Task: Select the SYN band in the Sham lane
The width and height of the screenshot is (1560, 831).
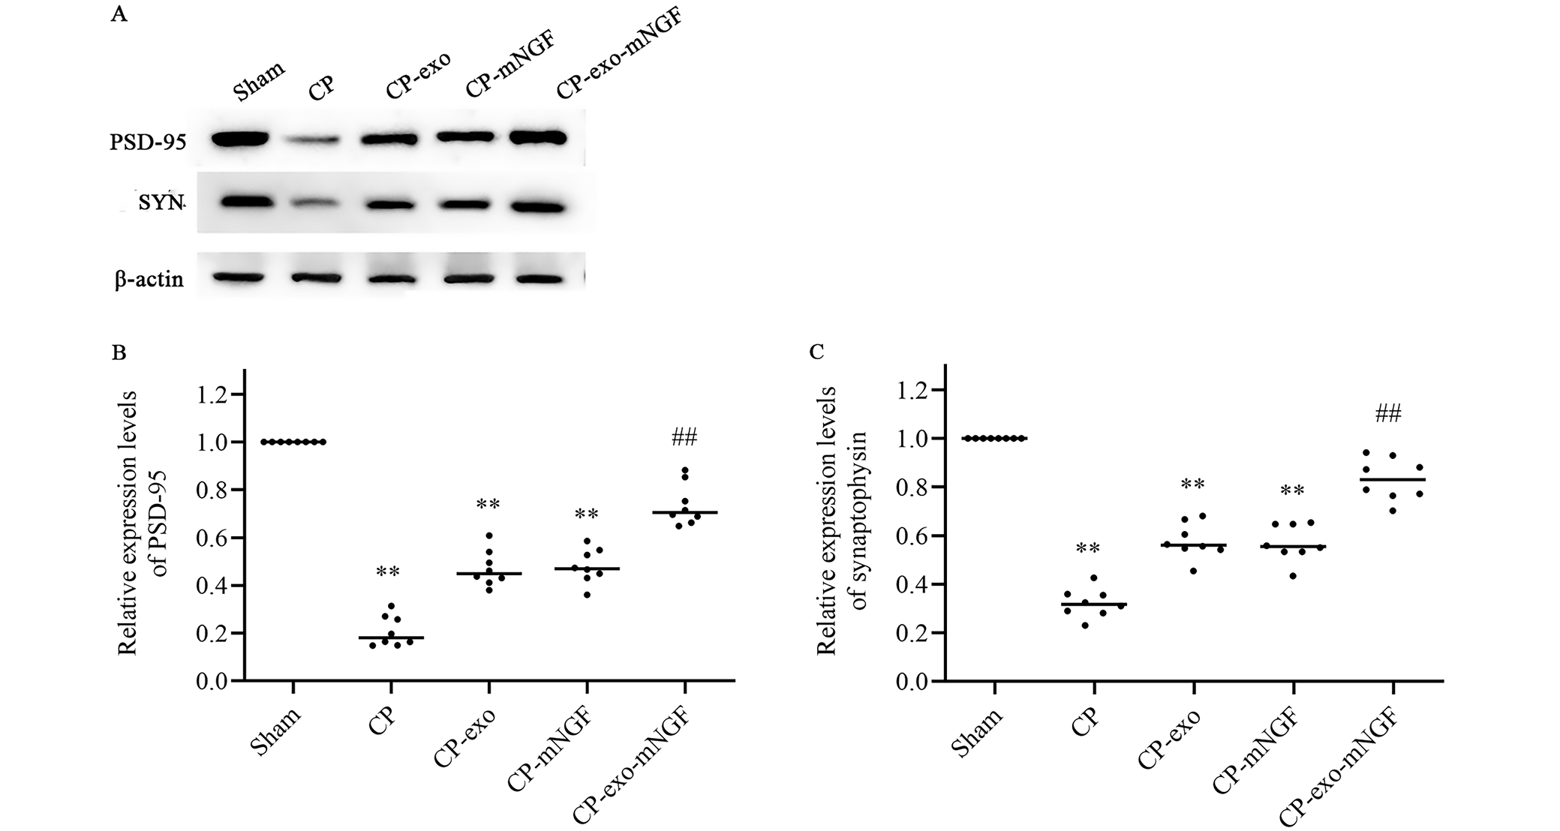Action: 240,202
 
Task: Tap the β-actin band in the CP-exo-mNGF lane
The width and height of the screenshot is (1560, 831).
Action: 540,278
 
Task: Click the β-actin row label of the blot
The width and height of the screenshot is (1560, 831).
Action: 149,280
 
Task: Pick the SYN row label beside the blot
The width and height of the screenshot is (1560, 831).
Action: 161,202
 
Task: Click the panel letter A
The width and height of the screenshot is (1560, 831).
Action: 119,14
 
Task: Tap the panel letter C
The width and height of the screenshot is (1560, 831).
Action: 817,351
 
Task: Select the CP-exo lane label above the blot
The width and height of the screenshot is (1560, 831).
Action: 417,76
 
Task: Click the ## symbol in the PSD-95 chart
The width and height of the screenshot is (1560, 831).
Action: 684,437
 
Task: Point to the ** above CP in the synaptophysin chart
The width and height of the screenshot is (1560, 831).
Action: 1088,549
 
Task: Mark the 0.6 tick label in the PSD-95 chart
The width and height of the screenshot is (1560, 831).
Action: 213,538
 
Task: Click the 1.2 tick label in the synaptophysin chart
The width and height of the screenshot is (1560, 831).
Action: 912,390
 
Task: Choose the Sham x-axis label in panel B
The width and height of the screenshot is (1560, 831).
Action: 275,732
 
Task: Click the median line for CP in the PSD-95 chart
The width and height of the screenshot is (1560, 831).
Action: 391,637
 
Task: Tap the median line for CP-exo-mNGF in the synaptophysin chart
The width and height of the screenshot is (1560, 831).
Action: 1393,479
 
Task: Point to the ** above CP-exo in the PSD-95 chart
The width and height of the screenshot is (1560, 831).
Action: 488,504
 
